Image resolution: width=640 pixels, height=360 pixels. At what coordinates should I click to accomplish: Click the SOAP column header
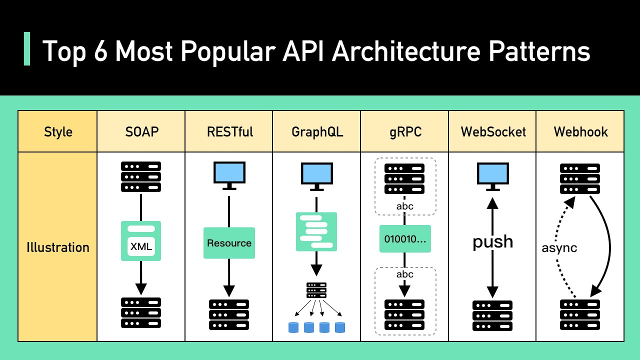point(141,132)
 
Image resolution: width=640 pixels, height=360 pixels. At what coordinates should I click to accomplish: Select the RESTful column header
point(229,132)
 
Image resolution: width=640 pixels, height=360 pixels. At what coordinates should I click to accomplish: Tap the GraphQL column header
point(316,132)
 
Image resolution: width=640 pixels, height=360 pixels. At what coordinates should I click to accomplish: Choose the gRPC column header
point(404,132)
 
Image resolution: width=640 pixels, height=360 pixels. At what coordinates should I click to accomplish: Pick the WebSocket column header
point(493,132)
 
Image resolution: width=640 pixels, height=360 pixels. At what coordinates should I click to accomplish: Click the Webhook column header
point(580,132)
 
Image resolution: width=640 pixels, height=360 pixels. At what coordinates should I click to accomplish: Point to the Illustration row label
point(58,247)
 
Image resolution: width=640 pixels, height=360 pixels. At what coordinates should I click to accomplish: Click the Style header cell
point(58,132)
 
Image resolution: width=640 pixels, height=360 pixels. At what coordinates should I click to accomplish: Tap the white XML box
point(141,246)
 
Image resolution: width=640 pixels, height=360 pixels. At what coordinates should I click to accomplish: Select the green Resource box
point(229,243)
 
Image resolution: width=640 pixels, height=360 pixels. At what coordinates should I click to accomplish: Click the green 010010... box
point(405,239)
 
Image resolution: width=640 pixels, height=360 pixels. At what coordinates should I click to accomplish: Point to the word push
point(493,241)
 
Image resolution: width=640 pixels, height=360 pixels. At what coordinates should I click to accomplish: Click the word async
point(559,248)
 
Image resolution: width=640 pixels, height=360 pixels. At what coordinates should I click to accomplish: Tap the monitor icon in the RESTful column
point(229,174)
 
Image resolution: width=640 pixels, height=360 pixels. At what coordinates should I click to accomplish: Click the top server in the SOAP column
point(141,176)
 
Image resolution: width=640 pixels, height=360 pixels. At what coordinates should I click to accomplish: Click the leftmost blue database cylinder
point(293,327)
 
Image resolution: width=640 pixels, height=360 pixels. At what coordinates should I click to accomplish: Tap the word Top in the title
point(63,51)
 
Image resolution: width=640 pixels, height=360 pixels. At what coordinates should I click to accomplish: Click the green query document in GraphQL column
point(316,231)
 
